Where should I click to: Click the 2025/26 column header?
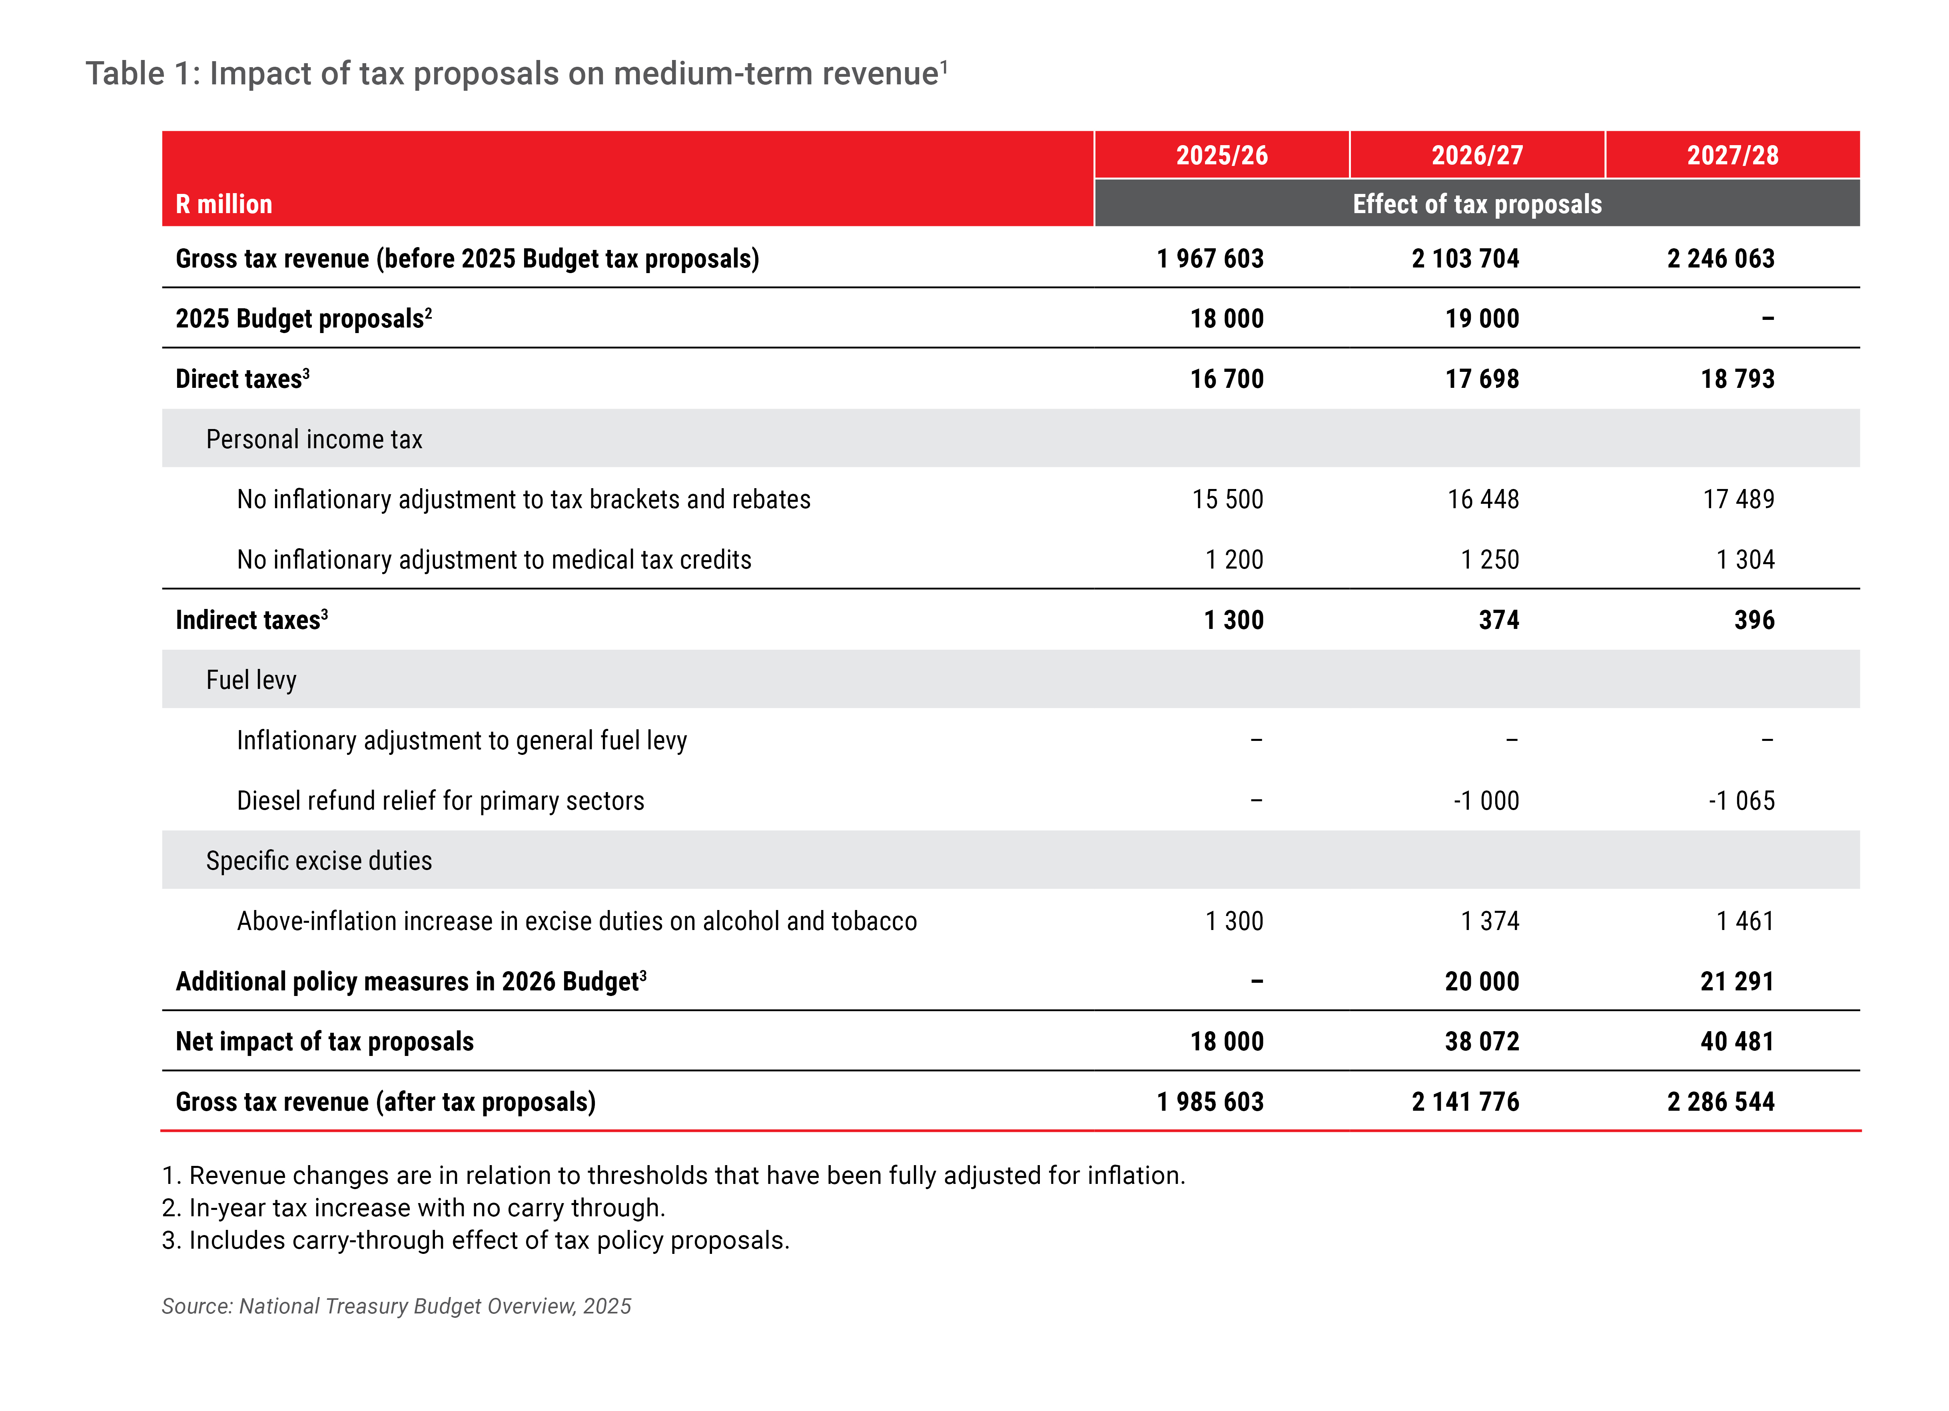click(1221, 156)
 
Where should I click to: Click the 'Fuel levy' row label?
click(251, 680)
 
